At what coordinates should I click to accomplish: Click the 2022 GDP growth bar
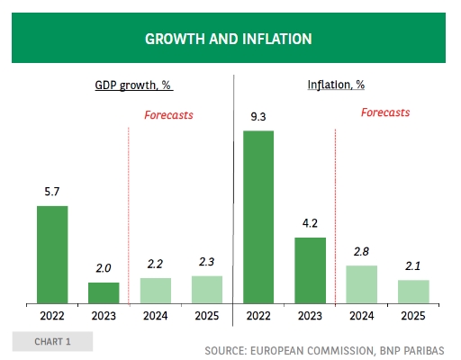pyautogui.click(x=52, y=255)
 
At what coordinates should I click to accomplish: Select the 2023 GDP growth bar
pyautogui.click(x=104, y=293)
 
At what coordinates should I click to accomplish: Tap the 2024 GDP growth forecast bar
pyautogui.click(x=156, y=291)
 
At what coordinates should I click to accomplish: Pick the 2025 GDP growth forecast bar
pyautogui.click(x=207, y=290)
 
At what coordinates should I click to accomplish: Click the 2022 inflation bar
pyautogui.click(x=258, y=217)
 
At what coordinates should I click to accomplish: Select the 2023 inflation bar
pyautogui.click(x=310, y=271)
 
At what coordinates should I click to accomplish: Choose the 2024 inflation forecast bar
pyautogui.click(x=362, y=284)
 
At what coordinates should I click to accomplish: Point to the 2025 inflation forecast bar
pyautogui.click(x=413, y=292)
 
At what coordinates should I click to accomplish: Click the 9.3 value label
pyautogui.click(x=258, y=117)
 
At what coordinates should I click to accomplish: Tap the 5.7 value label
pyautogui.click(x=52, y=192)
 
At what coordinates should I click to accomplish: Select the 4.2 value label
pyautogui.click(x=310, y=223)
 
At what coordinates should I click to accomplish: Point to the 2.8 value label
pyautogui.click(x=361, y=252)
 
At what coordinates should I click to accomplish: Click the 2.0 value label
pyautogui.click(x=104, y=268)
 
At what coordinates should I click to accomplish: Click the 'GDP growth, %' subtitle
pyautogui.click(x=134, y=85)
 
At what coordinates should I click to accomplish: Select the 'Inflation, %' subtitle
pyautogui.click(x=336, y=85)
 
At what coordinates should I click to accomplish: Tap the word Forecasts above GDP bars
pyautogui.click(x=168, y=115)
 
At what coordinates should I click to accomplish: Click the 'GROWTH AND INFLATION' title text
pyautogui.click(x=229, y=39)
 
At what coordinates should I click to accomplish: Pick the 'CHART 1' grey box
pyautogui.click(x=52, y=341)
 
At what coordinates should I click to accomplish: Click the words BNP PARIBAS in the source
pyautogui.click(x=411, y=351)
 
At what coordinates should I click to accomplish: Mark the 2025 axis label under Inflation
pyautogui.click(x=413, y=316)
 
